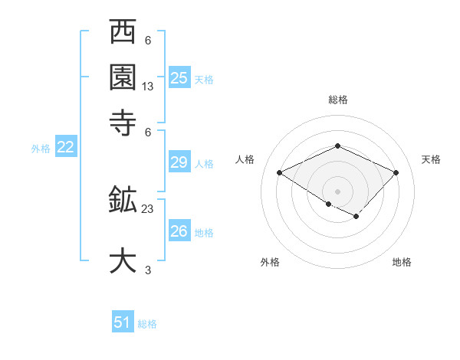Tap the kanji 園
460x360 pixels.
(123, 77)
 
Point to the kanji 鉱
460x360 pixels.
(123, 201)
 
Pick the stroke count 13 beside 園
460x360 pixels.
(148, 87)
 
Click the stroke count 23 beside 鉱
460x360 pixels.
(148, 208)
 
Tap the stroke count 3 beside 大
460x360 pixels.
(148, 270)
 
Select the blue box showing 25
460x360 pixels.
(179, 78)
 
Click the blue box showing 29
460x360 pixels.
(179, 162)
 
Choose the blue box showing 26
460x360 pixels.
(179, 231)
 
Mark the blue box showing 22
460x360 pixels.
(65, 148)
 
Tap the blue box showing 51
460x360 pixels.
(123, 322)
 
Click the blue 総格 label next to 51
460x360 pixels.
(147, 324)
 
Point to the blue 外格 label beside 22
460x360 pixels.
(41, 149)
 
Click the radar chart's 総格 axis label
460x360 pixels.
(338, 100)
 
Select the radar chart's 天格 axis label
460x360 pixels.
(431, 159)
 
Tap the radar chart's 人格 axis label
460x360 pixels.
(245, 159)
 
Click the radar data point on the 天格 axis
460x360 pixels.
(396, 172)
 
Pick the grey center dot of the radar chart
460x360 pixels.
(338, 191)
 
